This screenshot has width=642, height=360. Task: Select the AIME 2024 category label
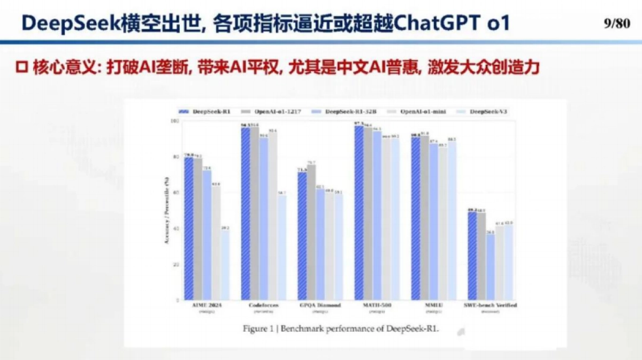coord(207,305)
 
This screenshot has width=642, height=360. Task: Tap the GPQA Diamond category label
coord(319,305)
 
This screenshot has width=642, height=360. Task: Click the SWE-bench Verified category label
coord(490,305)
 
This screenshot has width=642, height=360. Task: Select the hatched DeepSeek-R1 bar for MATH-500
coord(359,214)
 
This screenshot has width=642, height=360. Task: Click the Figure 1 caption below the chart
coord(340,329)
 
